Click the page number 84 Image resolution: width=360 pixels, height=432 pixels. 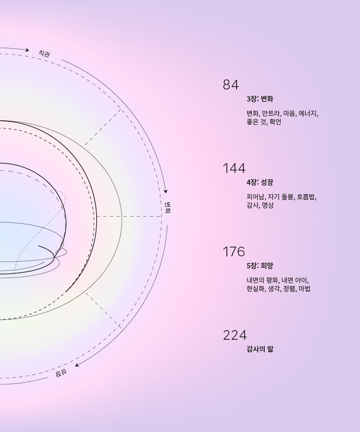point(231,85)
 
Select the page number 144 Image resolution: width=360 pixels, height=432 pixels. point(234,168)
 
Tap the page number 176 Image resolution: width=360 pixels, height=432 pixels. point(234,252)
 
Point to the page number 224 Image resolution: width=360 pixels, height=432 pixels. point(235,335)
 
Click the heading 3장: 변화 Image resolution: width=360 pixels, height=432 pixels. point(260,99)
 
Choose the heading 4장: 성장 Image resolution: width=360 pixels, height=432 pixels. point(260,183)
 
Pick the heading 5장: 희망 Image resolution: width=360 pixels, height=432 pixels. point(260,266)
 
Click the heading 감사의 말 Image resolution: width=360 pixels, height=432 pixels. point(260,349)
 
